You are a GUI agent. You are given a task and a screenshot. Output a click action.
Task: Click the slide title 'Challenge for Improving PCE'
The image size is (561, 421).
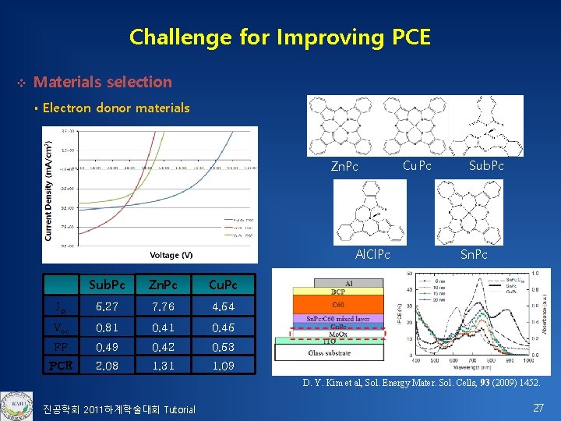pos(280,37)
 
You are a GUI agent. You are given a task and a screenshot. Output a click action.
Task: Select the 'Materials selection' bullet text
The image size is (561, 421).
pos(103,82)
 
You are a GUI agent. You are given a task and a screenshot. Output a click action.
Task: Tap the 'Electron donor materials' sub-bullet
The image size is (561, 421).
pos(116,108)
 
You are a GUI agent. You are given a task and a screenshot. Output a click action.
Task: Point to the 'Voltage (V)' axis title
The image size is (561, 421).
pos(171,255)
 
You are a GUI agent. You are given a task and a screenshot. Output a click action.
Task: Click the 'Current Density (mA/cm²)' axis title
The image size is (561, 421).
pos(49,190)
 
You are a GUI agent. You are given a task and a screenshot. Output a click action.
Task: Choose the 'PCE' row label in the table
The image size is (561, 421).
pos(61,365)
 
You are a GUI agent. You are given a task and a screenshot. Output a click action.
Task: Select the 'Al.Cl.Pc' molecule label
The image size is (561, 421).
pos(373,255)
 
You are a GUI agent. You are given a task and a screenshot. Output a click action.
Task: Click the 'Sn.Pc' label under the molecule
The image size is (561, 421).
pos(473,255)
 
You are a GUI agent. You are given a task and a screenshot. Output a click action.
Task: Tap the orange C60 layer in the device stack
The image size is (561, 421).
pos(338,305)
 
